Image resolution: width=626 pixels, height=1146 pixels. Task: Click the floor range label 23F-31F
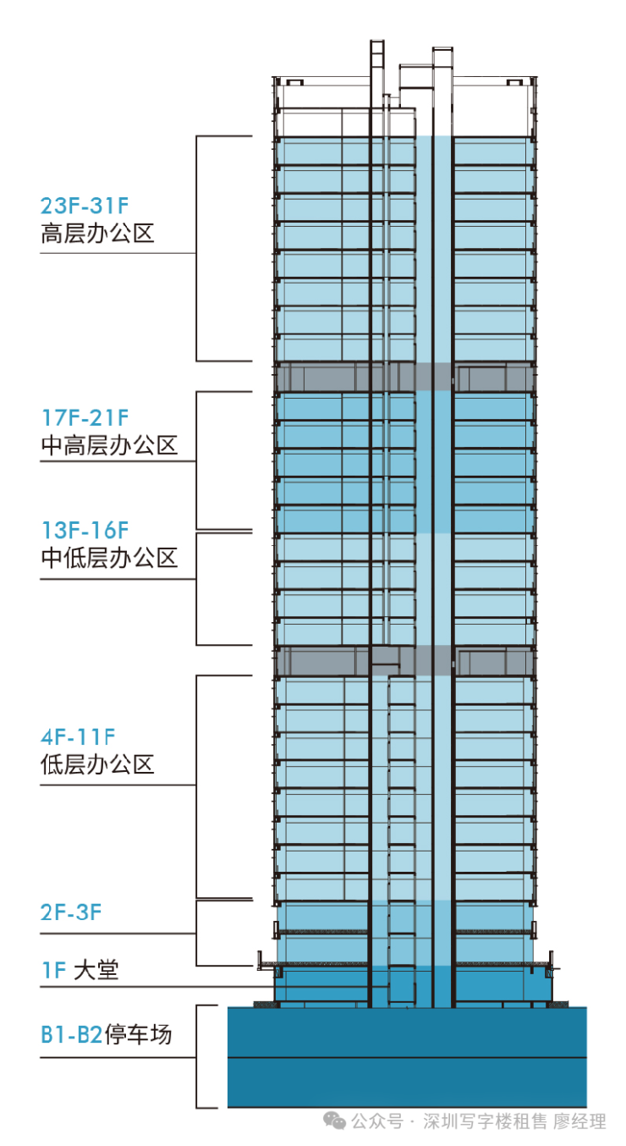85,206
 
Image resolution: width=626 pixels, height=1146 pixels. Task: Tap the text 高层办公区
97,234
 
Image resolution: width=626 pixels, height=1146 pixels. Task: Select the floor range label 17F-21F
85,418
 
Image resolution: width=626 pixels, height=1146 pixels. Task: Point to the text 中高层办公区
109,445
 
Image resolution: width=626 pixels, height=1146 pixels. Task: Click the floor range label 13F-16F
85,531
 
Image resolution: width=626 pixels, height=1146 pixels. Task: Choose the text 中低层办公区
109,558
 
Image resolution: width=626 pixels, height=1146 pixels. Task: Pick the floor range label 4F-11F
78,737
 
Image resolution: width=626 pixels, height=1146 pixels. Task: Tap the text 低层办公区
97,765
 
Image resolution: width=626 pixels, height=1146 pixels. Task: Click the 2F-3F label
71,912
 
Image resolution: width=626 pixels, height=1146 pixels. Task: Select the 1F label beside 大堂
53,971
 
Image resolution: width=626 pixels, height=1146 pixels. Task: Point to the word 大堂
96,971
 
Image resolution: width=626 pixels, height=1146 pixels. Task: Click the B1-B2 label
72,1034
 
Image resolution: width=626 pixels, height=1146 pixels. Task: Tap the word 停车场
138,1034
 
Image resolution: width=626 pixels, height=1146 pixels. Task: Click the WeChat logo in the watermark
334,1121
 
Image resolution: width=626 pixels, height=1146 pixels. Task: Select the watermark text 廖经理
579,1121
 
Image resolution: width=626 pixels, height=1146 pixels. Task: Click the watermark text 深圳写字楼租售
485,1121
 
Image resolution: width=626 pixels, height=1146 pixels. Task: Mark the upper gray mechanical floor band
405,377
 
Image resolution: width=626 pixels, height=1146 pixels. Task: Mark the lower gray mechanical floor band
405,660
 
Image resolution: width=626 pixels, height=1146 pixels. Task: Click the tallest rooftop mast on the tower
377,87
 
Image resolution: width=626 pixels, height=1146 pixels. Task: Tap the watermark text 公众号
377,1121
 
